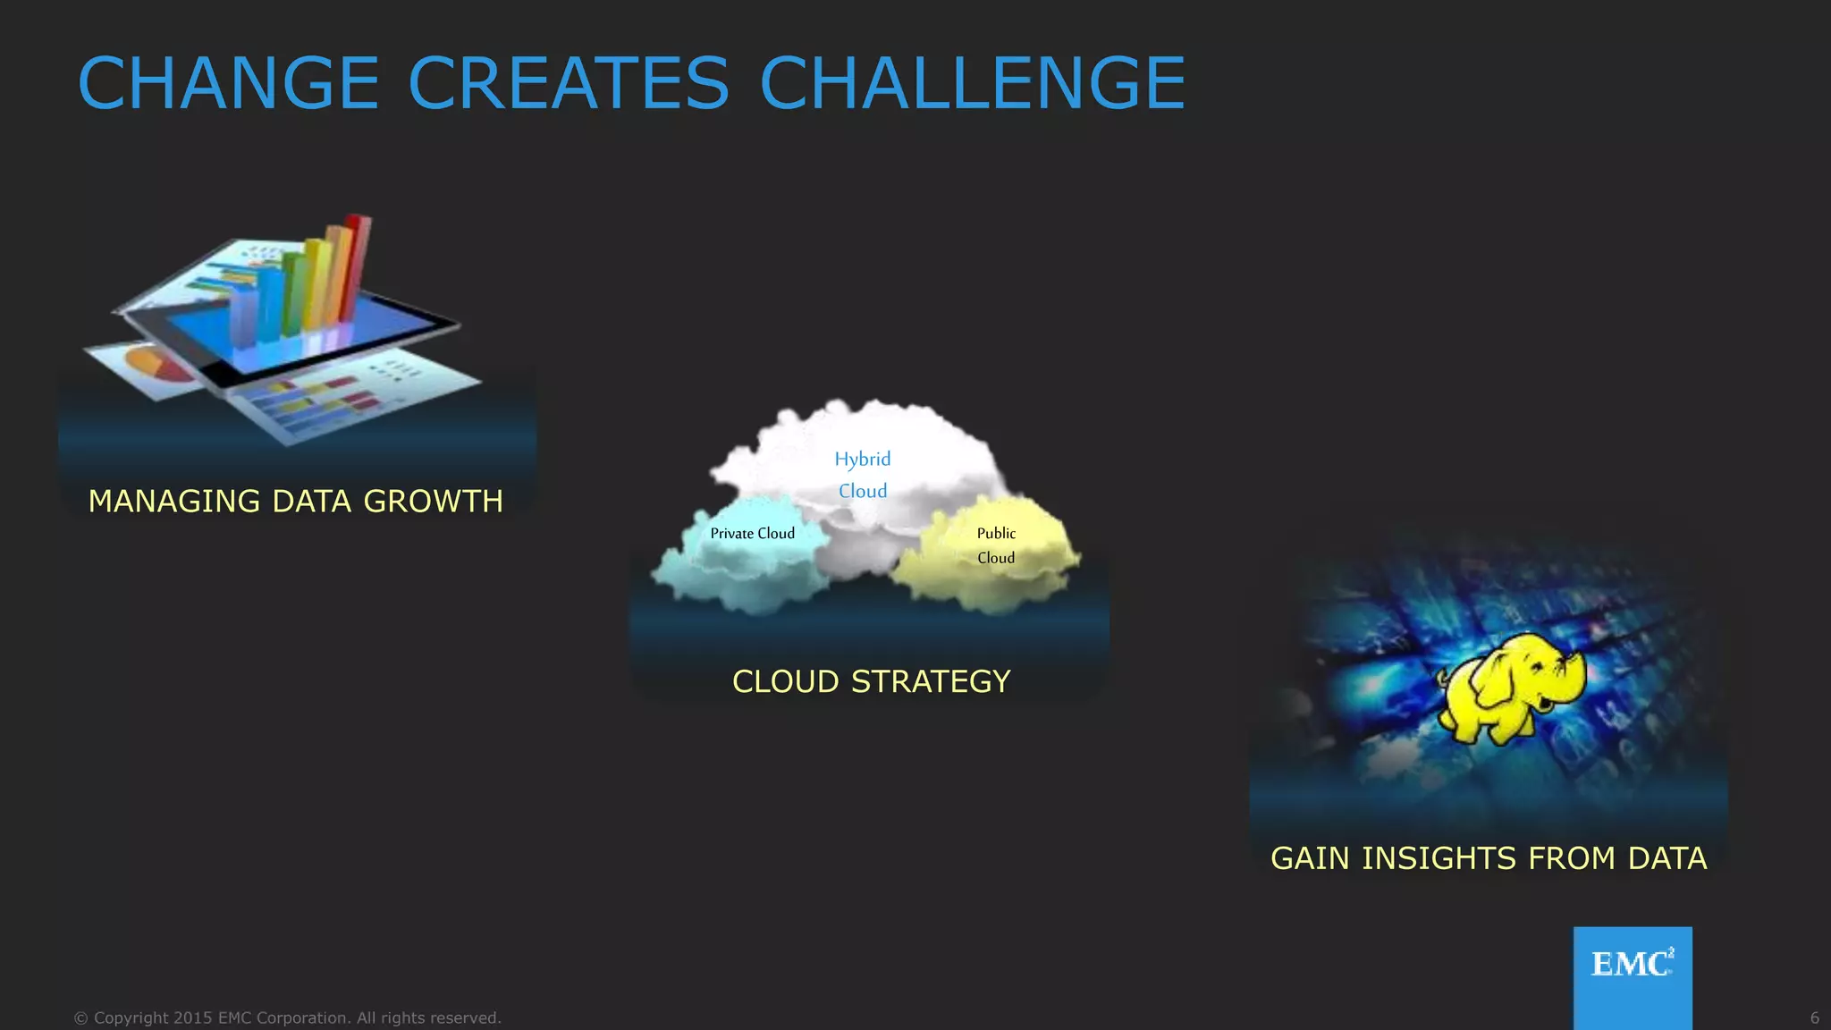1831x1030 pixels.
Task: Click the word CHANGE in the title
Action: point(229,83)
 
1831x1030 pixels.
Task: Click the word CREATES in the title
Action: point(569,83)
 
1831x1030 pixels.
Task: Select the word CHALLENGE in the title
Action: point(972,83)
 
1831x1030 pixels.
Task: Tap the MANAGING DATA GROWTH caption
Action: point(295,502)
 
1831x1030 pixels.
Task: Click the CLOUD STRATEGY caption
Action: point(871,682)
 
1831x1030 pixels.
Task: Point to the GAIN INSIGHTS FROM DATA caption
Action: point(1489,858)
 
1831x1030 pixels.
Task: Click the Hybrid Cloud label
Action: point(863,475)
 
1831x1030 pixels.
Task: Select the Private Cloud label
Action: point(752,534)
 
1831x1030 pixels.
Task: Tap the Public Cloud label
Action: point(996,545)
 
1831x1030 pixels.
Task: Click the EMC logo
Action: point(1632,966)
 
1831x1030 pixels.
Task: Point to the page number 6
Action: point(1814,1018)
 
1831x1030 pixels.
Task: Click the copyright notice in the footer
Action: point(287,1018)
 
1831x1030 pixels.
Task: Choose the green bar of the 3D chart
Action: point(293,291)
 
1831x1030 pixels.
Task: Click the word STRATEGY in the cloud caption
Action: point(931,682)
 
